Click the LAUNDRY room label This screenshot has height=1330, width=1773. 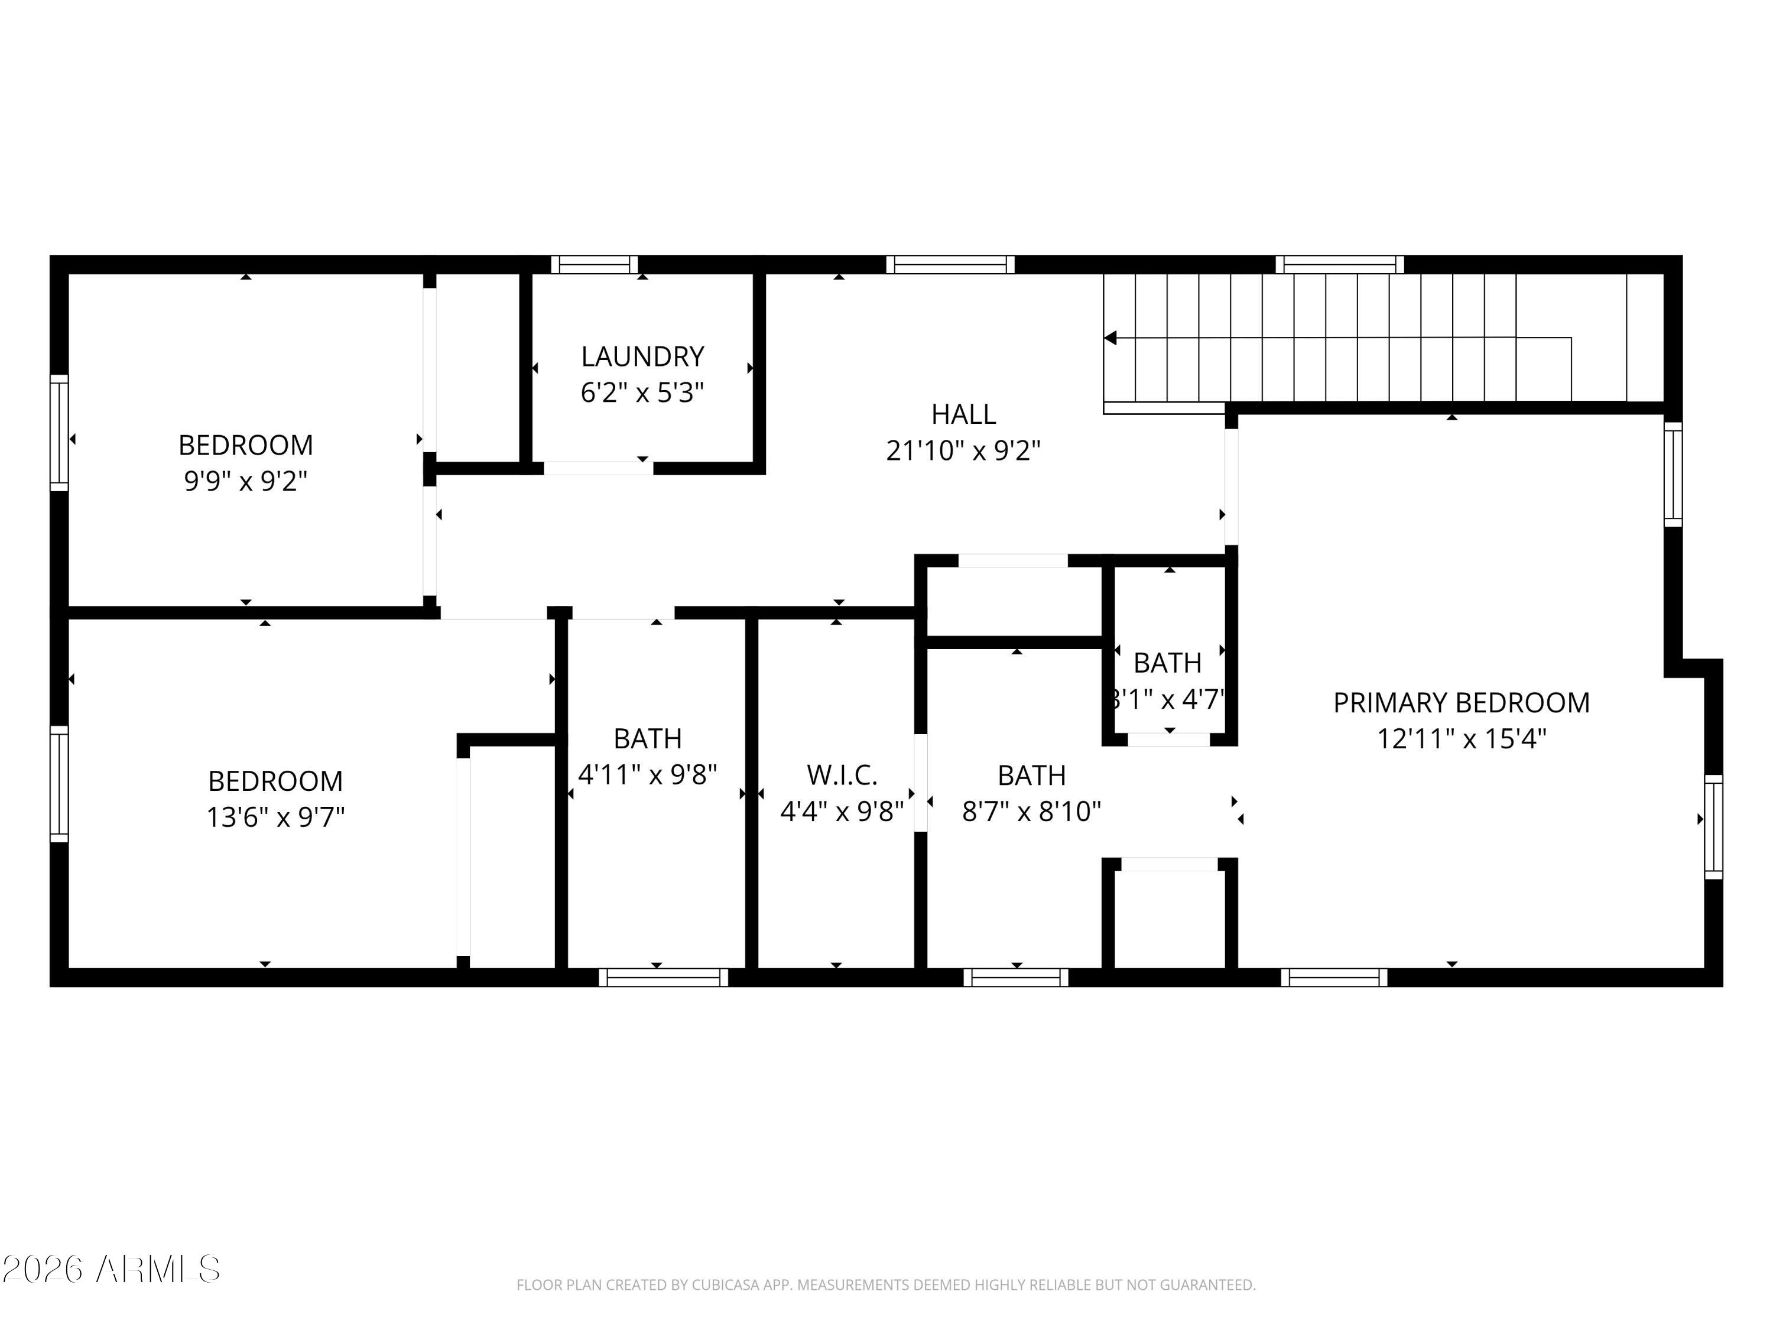point(642,356)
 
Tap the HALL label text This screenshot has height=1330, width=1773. point(963,414)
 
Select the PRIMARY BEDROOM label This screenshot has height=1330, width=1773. point(1461,702)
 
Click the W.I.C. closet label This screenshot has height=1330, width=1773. point(842,775)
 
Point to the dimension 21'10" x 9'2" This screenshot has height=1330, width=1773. point(963,450)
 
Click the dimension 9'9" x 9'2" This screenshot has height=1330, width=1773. point(246,481)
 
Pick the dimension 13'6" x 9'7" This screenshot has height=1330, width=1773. point(276,817)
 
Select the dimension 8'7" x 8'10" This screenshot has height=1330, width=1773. point(1031,812)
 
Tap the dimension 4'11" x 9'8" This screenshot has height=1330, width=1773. point(648,774)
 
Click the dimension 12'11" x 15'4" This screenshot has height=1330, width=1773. point(1461,738)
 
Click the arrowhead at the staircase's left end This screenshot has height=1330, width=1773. point(1110,338)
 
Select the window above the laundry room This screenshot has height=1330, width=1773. point(594,265)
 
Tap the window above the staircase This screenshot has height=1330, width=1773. point(1339,265)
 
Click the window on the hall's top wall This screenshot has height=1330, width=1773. point(950,265)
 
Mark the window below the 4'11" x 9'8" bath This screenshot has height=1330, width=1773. point(664,977)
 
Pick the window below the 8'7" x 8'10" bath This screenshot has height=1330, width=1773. point(1015,977)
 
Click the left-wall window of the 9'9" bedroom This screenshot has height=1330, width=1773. point(59,432)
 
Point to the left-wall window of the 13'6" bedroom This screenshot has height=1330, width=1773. point(59,784)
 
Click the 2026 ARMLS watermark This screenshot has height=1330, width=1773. point(111,1269)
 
